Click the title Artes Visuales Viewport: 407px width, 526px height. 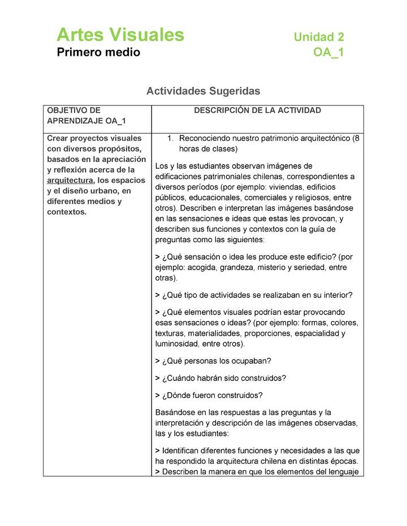coord(120,35)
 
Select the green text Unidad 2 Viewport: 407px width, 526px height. coord(319,37)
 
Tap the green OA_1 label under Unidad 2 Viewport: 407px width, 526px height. coord(328,53)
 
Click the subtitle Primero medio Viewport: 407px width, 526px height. coord(98,53)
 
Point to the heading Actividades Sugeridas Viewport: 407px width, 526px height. coord(203,90)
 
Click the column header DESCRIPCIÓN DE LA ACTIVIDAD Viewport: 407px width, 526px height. coord(257,111)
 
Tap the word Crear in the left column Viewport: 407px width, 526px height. coord(58,138)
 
